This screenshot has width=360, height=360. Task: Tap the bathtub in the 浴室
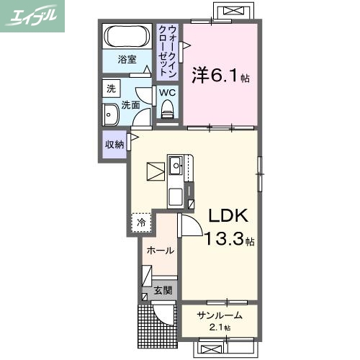(127, 36)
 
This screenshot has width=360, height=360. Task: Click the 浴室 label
(127, 60)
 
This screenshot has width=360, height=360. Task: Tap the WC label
(166, 93)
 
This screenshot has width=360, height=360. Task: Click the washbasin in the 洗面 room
(111, 116)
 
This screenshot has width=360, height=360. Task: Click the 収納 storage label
(114, 144)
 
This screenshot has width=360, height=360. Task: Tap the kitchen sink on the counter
(176, 166)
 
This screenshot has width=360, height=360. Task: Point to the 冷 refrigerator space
(141, 222)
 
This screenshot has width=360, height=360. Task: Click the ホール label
(160, 251)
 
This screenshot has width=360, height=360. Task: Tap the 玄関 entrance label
(163, 291)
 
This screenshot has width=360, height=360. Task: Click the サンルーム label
(216, 315)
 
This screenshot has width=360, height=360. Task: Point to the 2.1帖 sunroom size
(216, 328)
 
